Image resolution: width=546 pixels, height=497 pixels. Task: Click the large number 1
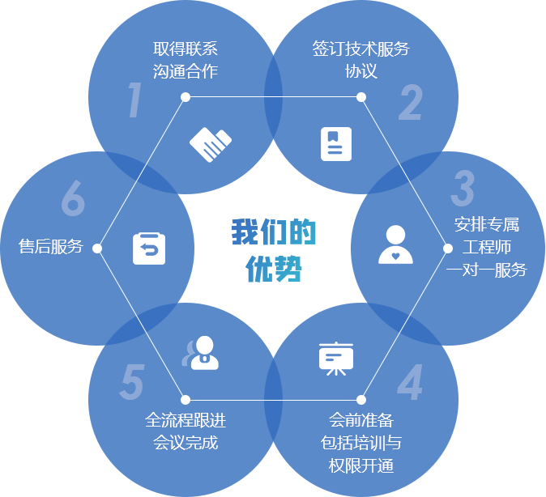click(135, 101)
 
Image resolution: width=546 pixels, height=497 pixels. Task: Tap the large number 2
click(411, 103)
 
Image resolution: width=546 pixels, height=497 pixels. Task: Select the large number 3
click(463, 189)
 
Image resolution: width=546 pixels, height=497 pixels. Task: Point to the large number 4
click(410, 384)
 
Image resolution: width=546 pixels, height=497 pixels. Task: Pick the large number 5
click(131, 383)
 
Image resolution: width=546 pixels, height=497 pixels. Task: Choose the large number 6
click(73, 198)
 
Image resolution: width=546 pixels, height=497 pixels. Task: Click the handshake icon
click(210, 144)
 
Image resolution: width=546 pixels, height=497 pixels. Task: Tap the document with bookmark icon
click(336, 144)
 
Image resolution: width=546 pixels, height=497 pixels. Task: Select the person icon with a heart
click(395, 245)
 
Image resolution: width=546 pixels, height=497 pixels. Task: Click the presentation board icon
click(335, 359)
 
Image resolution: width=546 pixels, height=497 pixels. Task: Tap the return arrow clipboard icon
click(149, 248)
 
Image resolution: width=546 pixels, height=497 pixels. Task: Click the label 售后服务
click(51, 247)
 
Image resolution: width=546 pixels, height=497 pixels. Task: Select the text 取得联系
click(185, 49)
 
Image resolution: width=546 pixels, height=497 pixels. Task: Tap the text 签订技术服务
click(360, 49)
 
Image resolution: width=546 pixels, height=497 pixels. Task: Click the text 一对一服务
click(486, 270)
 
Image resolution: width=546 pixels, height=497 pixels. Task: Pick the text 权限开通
click(360, 465)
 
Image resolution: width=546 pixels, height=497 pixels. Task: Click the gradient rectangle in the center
click(271, 250)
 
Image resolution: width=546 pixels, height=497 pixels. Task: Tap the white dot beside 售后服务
click(97, 248)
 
